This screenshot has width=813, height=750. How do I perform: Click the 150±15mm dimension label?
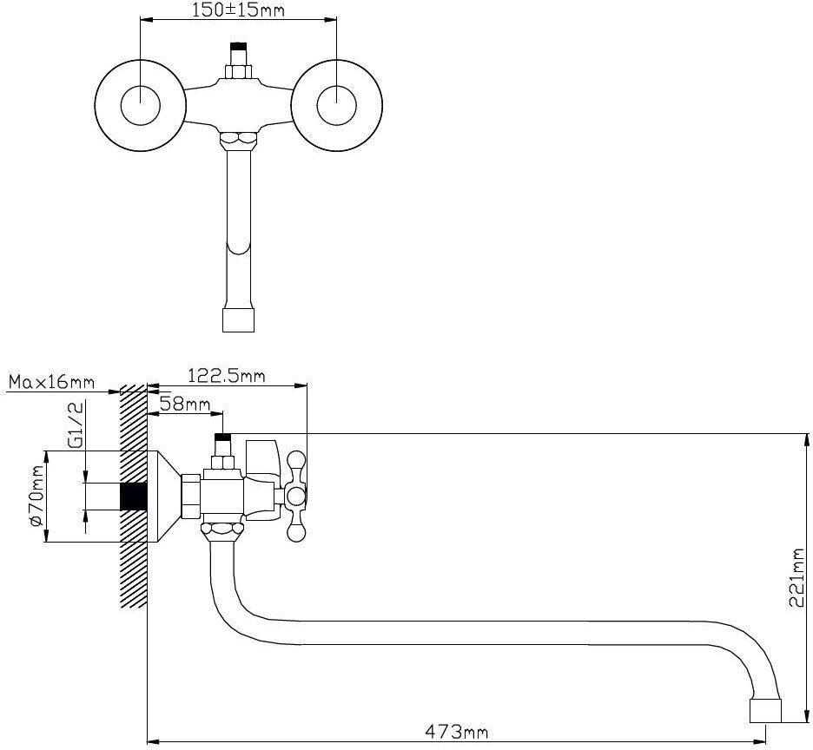237,10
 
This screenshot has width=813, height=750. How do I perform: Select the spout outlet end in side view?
765,710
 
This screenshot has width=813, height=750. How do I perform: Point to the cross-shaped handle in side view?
296,497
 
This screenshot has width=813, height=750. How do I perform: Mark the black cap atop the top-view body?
237,49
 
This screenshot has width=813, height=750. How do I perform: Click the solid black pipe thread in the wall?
132,497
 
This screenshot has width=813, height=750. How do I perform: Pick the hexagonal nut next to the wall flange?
190,497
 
